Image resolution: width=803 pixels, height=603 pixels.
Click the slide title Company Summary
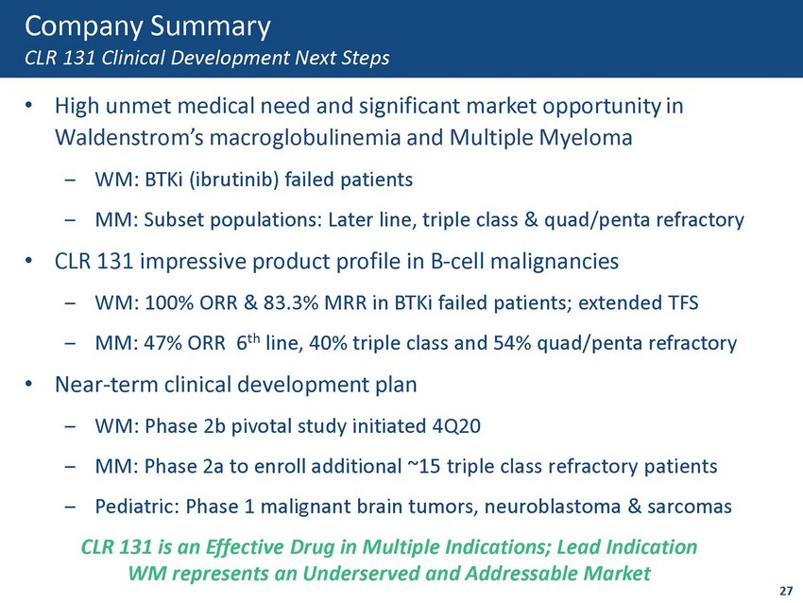147,27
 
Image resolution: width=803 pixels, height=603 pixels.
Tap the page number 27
786,590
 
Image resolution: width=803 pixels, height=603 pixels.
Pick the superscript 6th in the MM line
248,341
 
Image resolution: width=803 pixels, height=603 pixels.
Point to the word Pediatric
137,507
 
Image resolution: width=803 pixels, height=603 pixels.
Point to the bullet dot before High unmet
29,106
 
